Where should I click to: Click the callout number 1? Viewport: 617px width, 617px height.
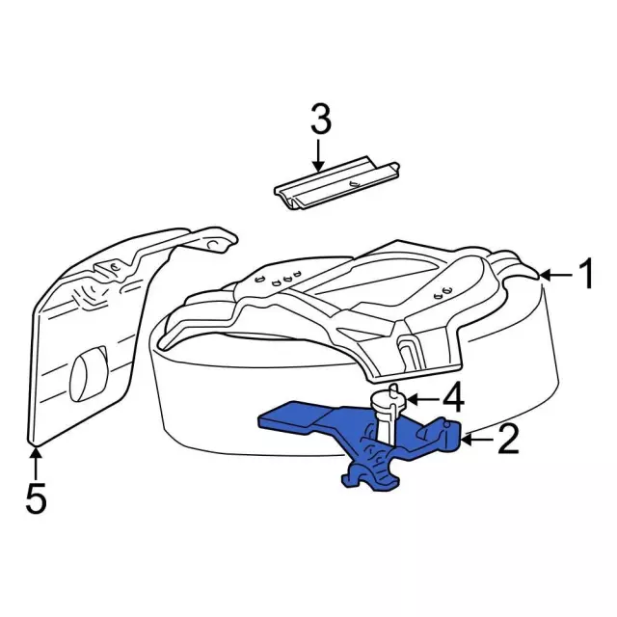585,274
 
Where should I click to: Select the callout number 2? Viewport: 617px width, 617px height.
508,439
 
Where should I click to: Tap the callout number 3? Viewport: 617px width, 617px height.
321,119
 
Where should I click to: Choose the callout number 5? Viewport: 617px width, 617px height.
37,498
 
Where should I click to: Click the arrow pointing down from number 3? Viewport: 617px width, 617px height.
319,154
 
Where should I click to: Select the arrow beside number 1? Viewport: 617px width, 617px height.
556,276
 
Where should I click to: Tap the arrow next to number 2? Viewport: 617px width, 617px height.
477,441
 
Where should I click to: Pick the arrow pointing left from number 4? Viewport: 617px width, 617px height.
422,400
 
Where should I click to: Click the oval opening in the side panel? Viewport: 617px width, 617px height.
88,373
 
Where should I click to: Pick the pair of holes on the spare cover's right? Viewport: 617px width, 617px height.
442,292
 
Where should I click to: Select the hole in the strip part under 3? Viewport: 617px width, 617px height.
354,184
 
